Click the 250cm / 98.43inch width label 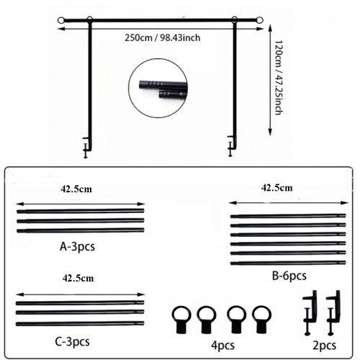(x=162, y=38)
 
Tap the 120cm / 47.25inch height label (x=279, y=78)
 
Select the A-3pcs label (x=77, y=247)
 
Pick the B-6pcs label (x=289, y=276)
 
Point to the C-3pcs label (x=72, y=341)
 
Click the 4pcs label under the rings (x=222, y=346)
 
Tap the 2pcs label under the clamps (x=324, y=346)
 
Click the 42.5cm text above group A (x=76, y=189)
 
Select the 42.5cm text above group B (x=276, y=188)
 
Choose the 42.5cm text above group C (x=78, y=279)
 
